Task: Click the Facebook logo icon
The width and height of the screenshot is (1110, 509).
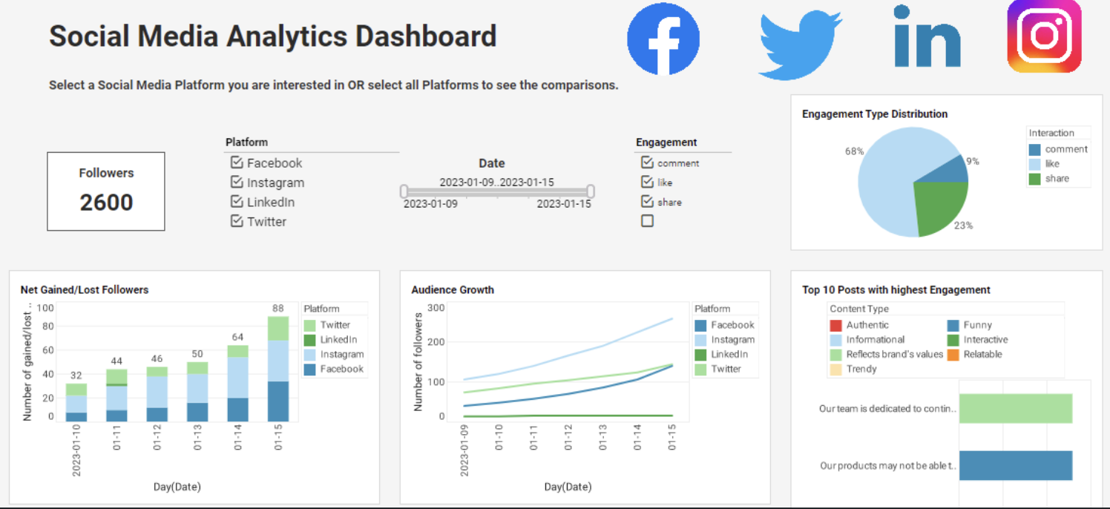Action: pyautogui.click(x=663, y=39)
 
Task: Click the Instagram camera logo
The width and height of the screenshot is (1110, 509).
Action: pyautogui.click(x=1044, y=36)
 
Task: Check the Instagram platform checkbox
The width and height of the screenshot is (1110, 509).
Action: pyautogui.click(x=237, y=183)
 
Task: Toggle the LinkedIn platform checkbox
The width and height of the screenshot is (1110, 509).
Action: pyautogui.click(x=237, y=202)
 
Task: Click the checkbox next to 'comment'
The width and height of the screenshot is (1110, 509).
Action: pyautogui.click(x=647, y=162)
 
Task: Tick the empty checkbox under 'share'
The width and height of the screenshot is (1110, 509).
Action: pyautogui.click(x=647, y=221)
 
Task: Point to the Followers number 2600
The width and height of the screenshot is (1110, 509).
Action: pyautogui.click(x=106, y=203)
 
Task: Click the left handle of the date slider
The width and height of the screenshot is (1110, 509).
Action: pyautogui.click(x=404, y=191)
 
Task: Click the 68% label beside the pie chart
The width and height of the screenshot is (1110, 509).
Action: pyautogui.click(x=854, y=151)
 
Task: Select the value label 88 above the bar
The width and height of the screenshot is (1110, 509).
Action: pyautogui.click(x=278, y=309)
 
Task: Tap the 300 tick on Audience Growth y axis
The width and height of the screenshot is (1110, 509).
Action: pyautogui.click(x=436, y=308)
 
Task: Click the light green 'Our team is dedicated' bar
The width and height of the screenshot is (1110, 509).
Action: pyautogui.click(x=1015, y=408)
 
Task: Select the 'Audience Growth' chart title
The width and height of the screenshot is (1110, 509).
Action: pyautogui.click(x=453, y=290)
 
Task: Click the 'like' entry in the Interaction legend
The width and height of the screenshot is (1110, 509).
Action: pyautogui.click(x=1052, y=164)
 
